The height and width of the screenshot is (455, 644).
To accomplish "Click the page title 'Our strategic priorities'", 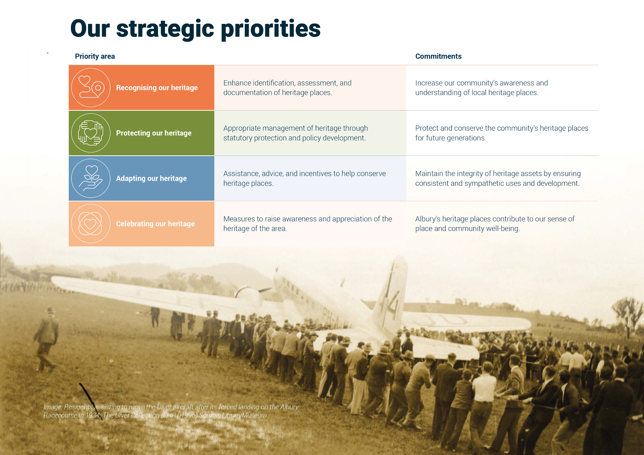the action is click(x=195, y=29).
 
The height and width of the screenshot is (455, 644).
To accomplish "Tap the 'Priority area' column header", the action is click(x=95, y=56).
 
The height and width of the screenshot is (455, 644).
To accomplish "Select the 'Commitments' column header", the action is click(x=438, y=56).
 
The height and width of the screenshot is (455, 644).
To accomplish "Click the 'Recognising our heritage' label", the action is click(x=157, y=88).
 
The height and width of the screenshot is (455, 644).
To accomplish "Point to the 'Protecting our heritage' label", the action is click(x=154, y=133).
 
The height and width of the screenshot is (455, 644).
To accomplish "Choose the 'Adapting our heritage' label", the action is click(x=151, y=178).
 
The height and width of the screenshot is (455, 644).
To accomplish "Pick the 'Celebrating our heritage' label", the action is click(x=155, y=224).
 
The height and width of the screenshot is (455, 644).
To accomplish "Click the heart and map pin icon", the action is click(x=91, y=87).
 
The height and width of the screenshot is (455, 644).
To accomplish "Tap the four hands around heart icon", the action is click(x=91, y=133).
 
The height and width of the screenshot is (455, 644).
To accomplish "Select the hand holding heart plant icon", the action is click(x=91, y=178).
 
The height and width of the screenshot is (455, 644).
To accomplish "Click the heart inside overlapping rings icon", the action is click(x=91, y=224).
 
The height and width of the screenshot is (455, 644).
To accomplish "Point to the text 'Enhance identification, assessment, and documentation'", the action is click(x=288, y=88).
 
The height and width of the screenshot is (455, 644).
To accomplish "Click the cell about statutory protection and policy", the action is click(x=296, y=133).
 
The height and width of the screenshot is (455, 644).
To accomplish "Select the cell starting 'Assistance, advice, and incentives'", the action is click(x=305, y=178).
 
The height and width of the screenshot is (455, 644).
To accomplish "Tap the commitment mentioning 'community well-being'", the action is click(x=495, y=224).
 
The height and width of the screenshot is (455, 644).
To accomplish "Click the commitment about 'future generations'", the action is click(x=502, y=133).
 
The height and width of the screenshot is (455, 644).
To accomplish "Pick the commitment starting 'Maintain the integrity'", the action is click(x=498, y=178).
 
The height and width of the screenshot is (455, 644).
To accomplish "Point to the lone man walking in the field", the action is click(x=46, y=340).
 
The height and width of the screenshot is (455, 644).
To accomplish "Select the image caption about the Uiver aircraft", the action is click(x=171, y=411).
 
